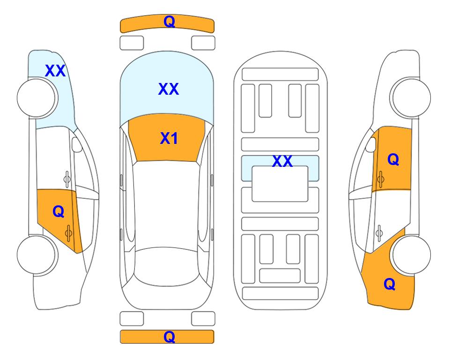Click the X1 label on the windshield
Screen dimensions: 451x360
point(169,138)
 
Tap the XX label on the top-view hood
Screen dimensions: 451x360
point(169,89)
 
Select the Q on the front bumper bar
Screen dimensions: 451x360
point(169,21)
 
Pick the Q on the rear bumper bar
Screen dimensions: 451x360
point(169,337)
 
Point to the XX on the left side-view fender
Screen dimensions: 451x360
point(55,71)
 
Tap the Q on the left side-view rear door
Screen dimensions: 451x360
point(59,212)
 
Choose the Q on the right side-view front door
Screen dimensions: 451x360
point(393,159)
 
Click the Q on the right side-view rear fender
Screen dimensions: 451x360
point(390,284)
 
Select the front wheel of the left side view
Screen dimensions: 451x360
point(37,98)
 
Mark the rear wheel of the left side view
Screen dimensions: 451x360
point(37,255)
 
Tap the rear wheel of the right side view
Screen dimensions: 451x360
point(411,255)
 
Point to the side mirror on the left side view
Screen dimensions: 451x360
point(77,144)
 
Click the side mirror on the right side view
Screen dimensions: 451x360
point(370,144)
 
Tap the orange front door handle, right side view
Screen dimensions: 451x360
point(381,179)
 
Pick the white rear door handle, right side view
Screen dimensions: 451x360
point(379,233)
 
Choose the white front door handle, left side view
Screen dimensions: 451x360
point(67,179)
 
